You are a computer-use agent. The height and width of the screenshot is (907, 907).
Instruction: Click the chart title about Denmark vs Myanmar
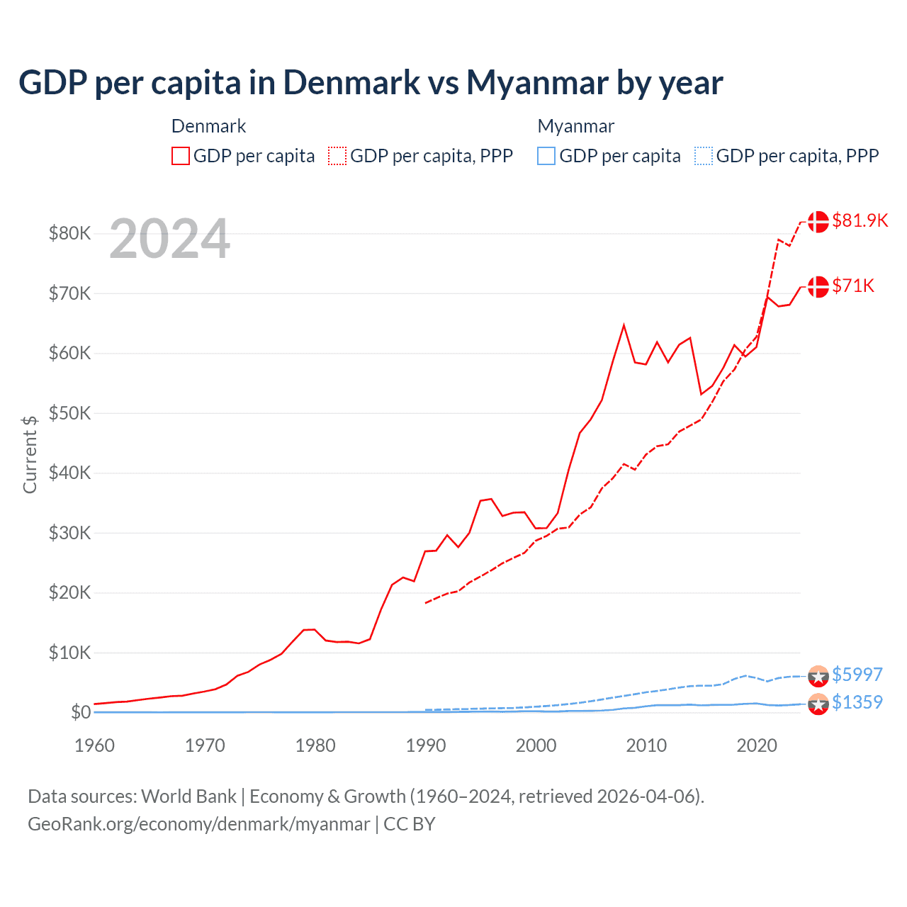(371, 82)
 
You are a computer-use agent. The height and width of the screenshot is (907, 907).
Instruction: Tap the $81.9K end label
(860, 220)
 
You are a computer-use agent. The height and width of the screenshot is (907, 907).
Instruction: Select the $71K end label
(853, 286)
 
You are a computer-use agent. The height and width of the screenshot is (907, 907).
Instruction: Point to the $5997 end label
(857, 674)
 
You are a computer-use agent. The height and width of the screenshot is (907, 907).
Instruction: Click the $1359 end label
(857, 702)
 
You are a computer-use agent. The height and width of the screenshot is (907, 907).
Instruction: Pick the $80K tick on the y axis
(69, 233)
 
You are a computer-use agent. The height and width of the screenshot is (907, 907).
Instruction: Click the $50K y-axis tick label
(69, 413)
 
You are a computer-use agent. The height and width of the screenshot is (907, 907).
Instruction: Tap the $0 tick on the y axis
(81, 712)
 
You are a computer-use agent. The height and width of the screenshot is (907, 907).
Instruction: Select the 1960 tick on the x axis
(94, 745)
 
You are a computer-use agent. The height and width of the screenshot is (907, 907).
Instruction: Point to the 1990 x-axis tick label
(426, 745)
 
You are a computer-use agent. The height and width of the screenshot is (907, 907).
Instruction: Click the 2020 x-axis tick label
(757, 745)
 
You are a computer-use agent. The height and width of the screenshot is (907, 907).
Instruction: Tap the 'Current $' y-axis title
(30, 454)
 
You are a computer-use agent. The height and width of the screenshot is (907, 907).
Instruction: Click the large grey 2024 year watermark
(169, 239)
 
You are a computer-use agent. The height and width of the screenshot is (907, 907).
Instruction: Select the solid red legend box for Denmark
(181, 156)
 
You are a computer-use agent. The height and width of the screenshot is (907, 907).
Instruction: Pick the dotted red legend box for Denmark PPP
(337, 156)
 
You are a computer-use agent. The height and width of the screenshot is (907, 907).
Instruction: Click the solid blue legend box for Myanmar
(546, 156)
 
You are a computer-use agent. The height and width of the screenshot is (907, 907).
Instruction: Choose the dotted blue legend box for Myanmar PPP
(704, 156)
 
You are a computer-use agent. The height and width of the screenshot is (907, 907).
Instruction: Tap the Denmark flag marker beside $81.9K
(818, 221)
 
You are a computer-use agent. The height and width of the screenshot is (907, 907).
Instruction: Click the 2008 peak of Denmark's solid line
(624, 325)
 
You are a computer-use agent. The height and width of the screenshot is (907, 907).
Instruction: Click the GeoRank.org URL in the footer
(199, 824)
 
